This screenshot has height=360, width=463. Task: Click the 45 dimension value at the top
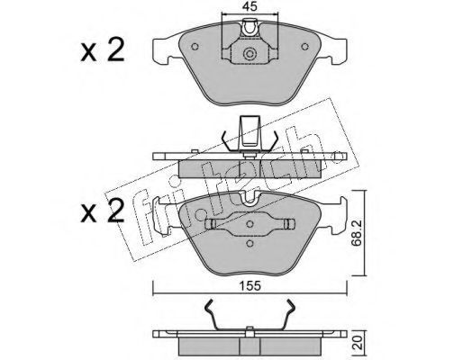pos(250,6)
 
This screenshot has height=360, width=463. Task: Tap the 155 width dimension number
pos(250,286)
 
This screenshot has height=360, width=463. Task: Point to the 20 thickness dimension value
pos(357,342)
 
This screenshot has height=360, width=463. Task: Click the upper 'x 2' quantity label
pos(103,49)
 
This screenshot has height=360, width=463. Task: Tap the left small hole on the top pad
pos(195,47)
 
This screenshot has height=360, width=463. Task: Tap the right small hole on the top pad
pos(305,47)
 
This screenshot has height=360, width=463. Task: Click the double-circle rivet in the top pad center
pos(250,54)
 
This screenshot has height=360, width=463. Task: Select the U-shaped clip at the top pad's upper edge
pos(250,29)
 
